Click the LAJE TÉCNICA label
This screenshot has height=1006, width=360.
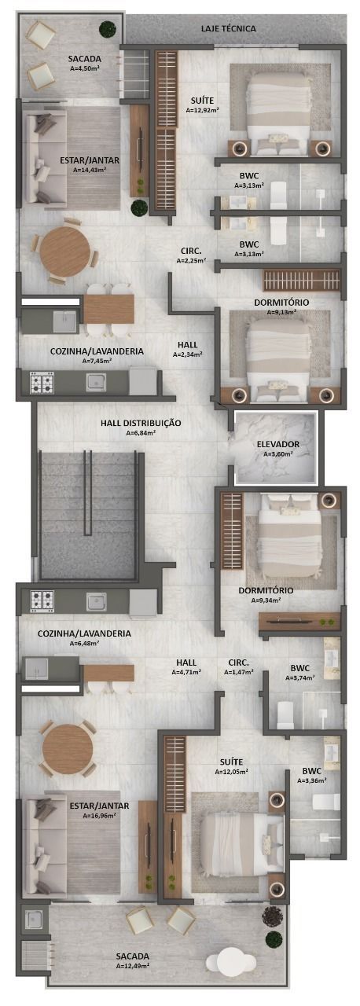click(x=229, y=29)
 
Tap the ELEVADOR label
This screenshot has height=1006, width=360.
click(x=277, y=444)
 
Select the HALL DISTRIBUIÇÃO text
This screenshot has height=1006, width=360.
click(x=141, y=423)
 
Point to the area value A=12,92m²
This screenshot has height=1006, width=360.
click(x=203, y=109)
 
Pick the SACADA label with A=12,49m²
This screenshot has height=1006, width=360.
click(x=132, y=956)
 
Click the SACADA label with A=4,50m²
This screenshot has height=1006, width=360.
click(x=85, y=59)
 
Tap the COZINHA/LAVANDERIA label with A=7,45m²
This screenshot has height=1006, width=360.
click(x=97, y=351)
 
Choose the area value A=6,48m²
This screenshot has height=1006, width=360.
click(x=84, y=643)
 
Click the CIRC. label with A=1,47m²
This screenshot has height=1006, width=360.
click(x=239, y=663)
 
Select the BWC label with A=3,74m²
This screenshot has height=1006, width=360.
click(x=299, y=668)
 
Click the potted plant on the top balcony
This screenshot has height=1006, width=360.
click(x=107, y=29)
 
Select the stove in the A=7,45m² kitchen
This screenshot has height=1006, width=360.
click(x=42, y=382)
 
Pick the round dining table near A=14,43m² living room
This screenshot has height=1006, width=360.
click(x=65, y=251)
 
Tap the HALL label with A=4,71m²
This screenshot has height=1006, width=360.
click(x=186, y=663)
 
